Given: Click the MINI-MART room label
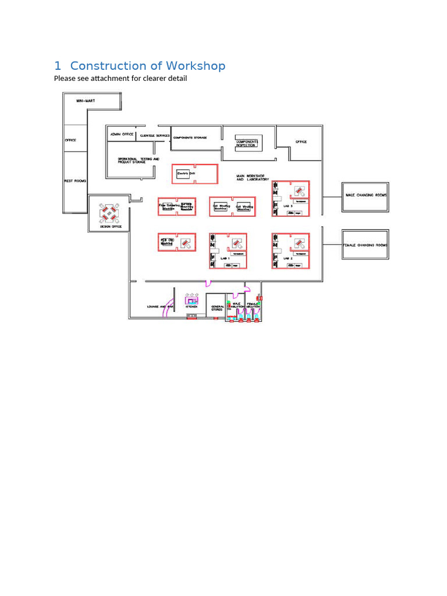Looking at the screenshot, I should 85,101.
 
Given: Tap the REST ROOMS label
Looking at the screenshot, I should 75,181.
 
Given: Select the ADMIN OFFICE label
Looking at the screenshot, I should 122,134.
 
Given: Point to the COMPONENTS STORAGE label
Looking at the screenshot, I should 190,137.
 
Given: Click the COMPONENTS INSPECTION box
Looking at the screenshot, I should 247,143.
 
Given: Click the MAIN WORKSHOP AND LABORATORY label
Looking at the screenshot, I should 253,178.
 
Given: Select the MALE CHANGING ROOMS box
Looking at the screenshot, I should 366,196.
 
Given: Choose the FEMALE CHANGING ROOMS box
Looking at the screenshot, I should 365,245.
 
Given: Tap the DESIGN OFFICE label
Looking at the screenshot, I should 111,226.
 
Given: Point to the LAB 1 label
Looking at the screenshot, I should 225,258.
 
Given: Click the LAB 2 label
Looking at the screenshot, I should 288,258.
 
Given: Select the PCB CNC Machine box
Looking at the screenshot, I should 167,242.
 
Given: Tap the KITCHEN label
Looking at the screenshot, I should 191,307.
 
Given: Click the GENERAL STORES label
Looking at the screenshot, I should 218,308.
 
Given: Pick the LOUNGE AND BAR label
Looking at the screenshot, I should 160,307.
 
